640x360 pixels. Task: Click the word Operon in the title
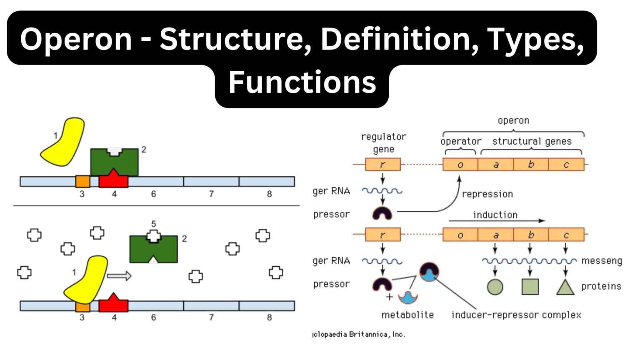coord(76,39)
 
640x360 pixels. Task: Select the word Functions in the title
coord(302,82)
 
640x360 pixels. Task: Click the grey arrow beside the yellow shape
coord(119,276)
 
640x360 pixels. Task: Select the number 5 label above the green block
coord(153,224)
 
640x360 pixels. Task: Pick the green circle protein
coord(495,287)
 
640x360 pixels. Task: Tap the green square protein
coord(530,287)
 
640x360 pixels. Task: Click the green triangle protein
coord(565,287)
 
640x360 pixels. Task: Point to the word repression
coord(487,194)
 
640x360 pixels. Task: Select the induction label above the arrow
coord(495,215)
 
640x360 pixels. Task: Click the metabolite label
coord(407,315)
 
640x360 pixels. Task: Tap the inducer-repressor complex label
coord(516,315)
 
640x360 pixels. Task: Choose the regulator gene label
coord(383,142)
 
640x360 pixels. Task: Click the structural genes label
coord(532,141)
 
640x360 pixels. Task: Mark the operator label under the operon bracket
coord(460,141)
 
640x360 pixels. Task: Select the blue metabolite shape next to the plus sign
coord(408,297)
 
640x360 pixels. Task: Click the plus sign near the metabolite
coord(390,297)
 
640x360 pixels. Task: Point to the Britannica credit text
coord(359,334)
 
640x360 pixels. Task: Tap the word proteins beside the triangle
coord(601,286)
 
